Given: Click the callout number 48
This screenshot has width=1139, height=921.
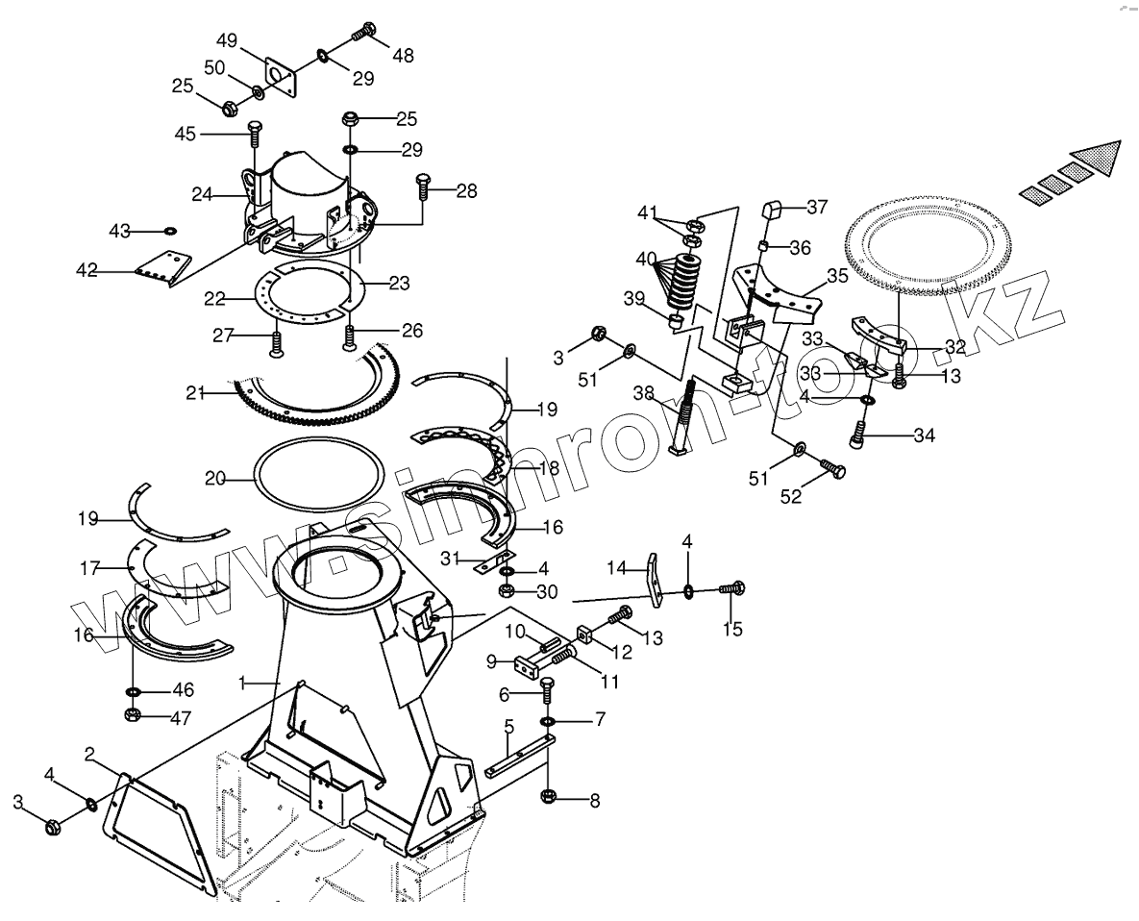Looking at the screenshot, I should click(x=403, y=56).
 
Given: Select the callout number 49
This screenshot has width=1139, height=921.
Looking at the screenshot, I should click(x=228, y=41).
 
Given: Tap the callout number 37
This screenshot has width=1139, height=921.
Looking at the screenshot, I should click(x=816, y=208).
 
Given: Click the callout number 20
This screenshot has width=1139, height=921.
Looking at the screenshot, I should click(x=214, y=478).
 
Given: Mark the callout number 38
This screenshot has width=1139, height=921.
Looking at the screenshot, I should click(x=642, y=392).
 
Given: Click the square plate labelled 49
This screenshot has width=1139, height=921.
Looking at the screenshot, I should click(x=282, y=75).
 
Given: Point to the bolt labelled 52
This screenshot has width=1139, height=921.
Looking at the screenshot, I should click(x=832, y=468).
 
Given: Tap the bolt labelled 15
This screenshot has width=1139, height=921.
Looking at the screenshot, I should click(x=735, y=587).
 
